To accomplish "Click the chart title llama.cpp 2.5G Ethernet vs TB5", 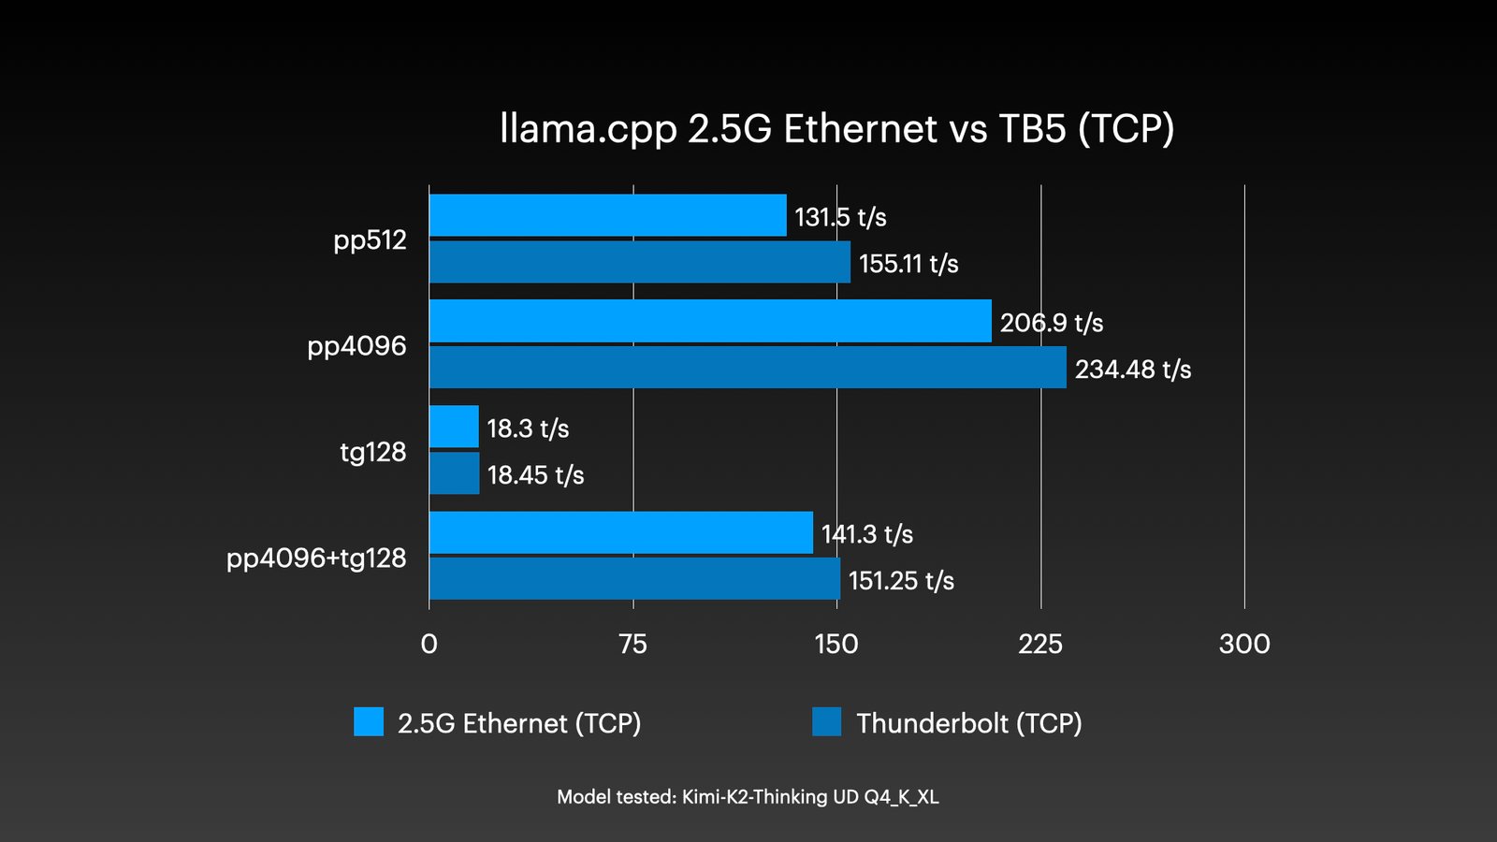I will [836, 129].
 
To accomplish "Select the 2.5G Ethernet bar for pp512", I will [607, 215].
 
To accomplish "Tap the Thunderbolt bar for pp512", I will [639, 262].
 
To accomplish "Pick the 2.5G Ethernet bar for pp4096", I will [709, 321].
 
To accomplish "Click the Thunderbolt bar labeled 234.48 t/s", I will [747, 368].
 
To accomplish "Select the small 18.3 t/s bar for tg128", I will [454, 427].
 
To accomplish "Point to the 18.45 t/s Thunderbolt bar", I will [454, 473].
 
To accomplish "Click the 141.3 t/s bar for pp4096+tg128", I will [620, 532].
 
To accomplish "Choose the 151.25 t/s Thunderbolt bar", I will [633, 579].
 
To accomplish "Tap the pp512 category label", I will [370, 240].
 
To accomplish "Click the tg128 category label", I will [372, 453].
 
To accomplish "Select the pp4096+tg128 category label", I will [316, 559].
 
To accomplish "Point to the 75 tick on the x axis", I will [632, 644].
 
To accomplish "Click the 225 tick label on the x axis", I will [1040, 644].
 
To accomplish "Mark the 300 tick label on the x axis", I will [1244, 644].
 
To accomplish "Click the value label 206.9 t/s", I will [1052, 323].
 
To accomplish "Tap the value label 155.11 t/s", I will [908, 264].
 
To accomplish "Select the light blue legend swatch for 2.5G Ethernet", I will [369, 722].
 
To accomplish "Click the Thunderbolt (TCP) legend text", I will [969, 723].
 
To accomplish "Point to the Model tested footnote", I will [748, 797].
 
